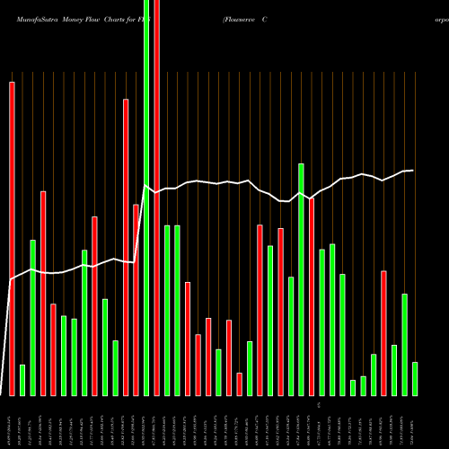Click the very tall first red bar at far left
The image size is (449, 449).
tap(12, 238)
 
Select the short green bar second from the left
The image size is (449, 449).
tap(22, 380)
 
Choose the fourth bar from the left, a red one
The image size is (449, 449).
tap(43, 293)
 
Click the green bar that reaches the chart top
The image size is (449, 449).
tap(146, 198)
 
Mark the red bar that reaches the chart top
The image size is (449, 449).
tap(156, 198)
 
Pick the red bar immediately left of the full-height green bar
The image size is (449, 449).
tap(136, 300)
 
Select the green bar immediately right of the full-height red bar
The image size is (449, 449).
tap(167, 310)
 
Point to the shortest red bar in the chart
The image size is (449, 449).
tap(239, 384)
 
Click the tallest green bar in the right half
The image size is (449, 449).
tap(301, 279)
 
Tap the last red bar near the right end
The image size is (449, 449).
tap(383, 332)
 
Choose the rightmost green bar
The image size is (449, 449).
tap(415, 378)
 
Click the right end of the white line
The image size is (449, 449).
tap(413, 171)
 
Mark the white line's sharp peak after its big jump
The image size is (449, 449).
tap(146, 185)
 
